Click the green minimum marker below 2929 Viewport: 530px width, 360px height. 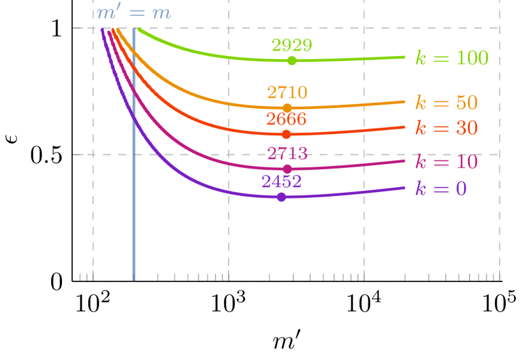click(x=292, y=61)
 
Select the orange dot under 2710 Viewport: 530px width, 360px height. click(x=287, y=108)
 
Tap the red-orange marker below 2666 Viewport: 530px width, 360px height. click(x=286, y=134)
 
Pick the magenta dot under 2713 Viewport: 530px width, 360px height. click(x=287, y=169)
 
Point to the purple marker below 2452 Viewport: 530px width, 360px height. click(x=282, y=197)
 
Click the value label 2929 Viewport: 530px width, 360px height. click(x=292, y=45)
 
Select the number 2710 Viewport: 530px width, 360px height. click(x=287, y=93)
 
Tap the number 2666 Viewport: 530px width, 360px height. click(x=286, y=119)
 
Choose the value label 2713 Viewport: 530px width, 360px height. click(x=287, y=154)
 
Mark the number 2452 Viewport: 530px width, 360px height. click(x=282, y=182)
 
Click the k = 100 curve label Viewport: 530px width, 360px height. click(x=451, y=59)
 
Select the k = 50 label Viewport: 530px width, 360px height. click(x=446, y=103)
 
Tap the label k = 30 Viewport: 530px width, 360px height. click(x=446, y=128)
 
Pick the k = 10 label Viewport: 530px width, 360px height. click(x=446, y=162)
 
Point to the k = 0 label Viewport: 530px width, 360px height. click(x=441, y=189)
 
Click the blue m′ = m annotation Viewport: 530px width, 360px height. click(x=133, y=13)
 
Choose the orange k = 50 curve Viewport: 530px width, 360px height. click(x=192, y=89)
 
